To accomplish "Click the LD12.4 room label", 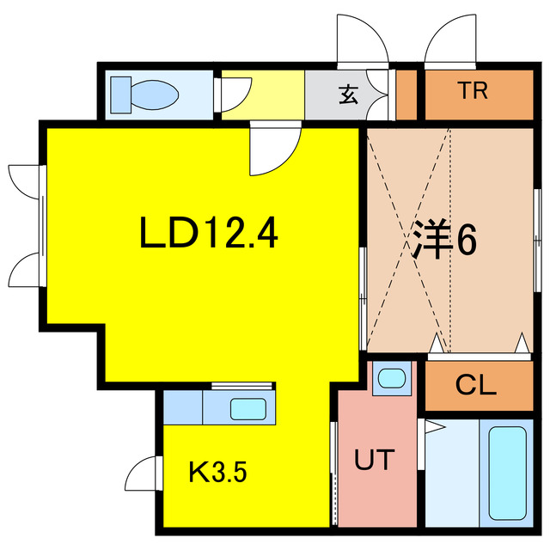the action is pos(209,233).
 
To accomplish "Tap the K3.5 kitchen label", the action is pos(217,472).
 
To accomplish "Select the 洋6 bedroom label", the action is pos(444,240).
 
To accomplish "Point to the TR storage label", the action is pos(473,90).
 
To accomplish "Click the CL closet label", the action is pos(475,385).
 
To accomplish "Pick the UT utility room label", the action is pos(375,460).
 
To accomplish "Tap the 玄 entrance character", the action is pos(349,95).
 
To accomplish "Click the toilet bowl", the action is pos(155,95).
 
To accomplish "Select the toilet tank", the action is pos(121,95).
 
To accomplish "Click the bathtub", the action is pos(507,473).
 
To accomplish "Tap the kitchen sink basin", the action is pos(247,409).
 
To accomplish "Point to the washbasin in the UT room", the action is pos(392,378).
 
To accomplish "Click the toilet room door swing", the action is pos(236,95).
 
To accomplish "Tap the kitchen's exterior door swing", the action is pos(140,474).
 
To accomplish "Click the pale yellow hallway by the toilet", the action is pos(263,95).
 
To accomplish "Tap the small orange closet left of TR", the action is pos(406,95).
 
